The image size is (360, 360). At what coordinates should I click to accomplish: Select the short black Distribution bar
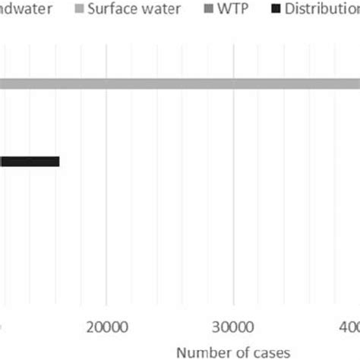click(30, 161)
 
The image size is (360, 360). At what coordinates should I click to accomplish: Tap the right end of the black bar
click(58, 161)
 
